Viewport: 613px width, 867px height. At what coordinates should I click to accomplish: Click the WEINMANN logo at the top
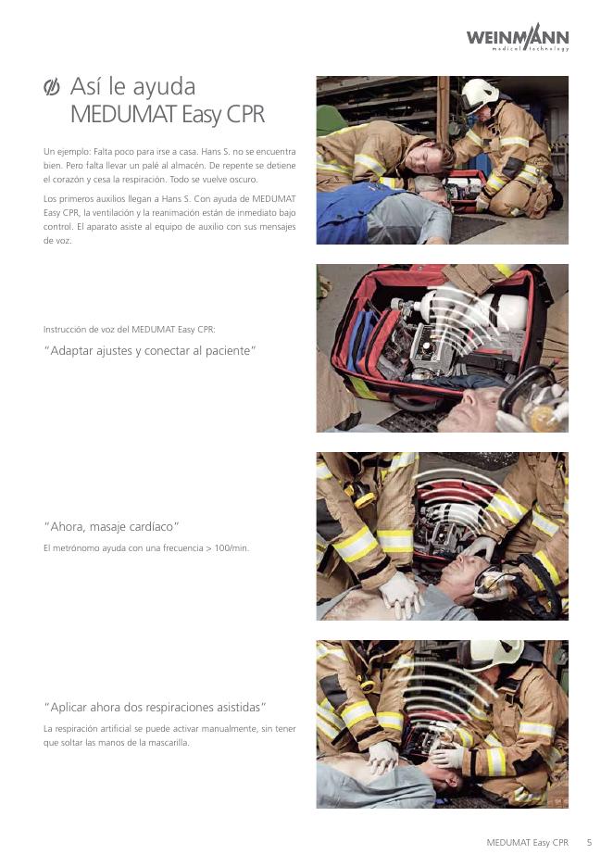click(518, 38)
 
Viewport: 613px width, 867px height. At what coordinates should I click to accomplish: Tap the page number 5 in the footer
click(589, 843)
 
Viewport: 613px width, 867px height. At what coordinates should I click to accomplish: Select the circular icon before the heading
click(52, 87)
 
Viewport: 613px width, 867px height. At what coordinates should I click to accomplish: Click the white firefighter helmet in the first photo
click(478, 94)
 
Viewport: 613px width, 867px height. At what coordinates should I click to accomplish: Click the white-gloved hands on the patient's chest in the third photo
click(401, 594)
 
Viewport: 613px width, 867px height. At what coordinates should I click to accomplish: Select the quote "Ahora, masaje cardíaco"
click(111, 526)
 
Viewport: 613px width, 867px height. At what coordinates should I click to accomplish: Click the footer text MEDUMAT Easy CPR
click(527, 843)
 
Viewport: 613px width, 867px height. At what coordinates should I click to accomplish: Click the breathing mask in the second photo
click(532, 399)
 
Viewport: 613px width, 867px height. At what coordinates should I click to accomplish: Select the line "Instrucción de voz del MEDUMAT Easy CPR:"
click(130, 330)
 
